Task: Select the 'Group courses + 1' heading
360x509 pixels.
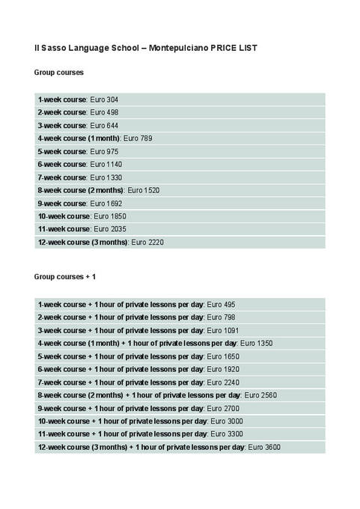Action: tap(65, 277)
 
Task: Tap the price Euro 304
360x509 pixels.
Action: tap(104, 100)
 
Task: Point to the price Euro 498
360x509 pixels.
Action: tap(104, 112)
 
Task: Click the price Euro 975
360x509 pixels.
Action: tap(104, 151)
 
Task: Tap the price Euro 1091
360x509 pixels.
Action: tap(223, 330)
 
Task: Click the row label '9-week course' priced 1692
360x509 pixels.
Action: tap(62, 204)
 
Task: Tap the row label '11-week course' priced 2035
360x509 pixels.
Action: tap(64, 229)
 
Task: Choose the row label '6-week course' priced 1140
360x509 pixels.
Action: tap(62, 164)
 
